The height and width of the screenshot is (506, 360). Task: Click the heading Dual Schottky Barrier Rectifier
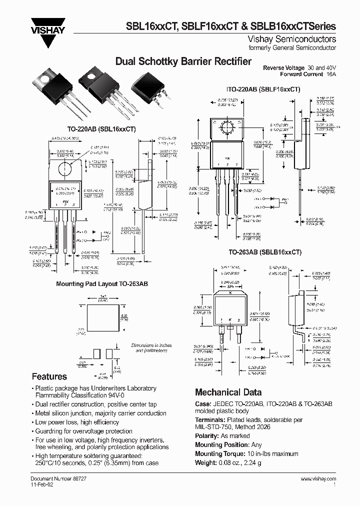[x=183, y=61]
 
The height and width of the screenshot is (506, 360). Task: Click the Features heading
[x=49, y=376]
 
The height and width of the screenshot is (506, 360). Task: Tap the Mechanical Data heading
[x=228, y=392]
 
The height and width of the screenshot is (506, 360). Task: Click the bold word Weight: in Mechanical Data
[x=205, y=462]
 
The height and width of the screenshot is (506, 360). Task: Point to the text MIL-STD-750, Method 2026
[x=230, y=426]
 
